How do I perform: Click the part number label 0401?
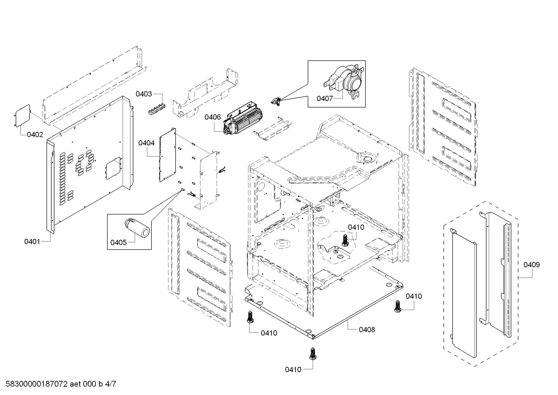tap(32, 242)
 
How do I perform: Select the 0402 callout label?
tap(35, 135)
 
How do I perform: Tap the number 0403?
tap(144, 94)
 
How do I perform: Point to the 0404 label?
tap(146, 143)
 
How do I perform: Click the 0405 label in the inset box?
tap(118, 243)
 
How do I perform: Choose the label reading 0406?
tap(212, 117)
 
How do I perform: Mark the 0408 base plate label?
tap(367, 330)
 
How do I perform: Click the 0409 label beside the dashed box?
tap(532, 265)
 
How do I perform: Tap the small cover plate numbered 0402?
tap(22, 115)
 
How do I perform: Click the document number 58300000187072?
tap(35, 385)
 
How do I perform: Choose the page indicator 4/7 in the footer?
tap(110, 385)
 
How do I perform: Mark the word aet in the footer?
tap(77, 385)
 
